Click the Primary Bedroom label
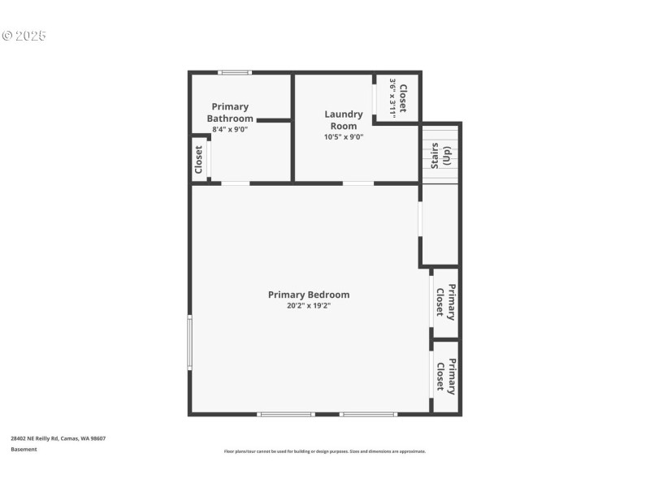(x=309, y=295)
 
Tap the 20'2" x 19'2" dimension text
(x=309, y=306)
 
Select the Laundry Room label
(x=344, y=120)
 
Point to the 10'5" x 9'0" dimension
(x=344, y=137)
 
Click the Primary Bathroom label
(x=230, y=113)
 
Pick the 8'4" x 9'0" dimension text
(x=230, y=129)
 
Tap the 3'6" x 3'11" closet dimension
(x=392, y=98)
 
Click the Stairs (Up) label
(x=440, y=156)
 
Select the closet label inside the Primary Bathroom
(x=198, y=160)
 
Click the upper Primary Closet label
(x=445, y=302)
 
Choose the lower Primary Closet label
(x=446, y=377)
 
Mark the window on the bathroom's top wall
(x=235, y=73)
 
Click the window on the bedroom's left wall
(x=190, y=343)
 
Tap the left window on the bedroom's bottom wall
(x=286, y=414)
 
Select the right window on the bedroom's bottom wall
(x=369, y=414)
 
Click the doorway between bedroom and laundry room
(x=358, y=183)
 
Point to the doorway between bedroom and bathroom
(x=236, y=183)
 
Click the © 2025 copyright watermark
(x=24, y=36)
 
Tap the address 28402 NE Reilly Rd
(x=35, y=438)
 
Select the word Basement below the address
(x=24, y=450)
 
